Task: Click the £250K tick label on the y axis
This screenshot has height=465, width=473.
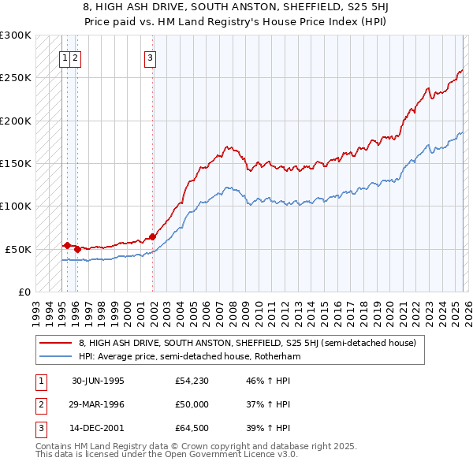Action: point(15,78)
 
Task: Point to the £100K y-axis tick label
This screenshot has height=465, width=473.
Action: point(15,206)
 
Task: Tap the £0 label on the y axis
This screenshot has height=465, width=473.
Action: point(24,292)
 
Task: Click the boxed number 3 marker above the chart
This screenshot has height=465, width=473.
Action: point(150,57)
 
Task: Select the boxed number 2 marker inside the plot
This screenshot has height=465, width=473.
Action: point(75,57)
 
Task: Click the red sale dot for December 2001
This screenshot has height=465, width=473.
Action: point(152,236)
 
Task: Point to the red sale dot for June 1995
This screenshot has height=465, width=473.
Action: point(68,245)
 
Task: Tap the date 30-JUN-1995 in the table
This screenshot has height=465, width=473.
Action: point(98,381)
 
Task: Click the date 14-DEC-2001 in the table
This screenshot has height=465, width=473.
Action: point(98,428)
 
